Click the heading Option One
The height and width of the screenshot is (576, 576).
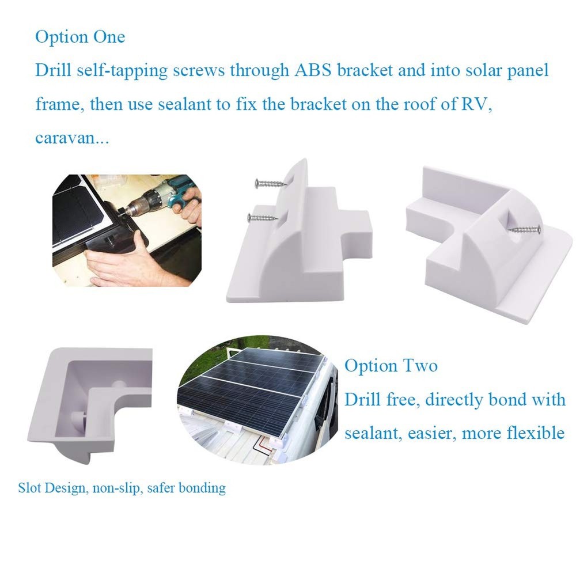(x=79, y=37)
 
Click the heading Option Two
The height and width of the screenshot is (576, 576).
(x=391, y=366)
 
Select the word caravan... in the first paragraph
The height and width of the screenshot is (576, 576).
(x=72, y=140)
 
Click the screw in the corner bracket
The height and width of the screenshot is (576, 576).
(x=525, y=230)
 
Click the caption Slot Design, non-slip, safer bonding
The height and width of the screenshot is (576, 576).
(x=122, y=488)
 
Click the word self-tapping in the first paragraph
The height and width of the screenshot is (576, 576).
(x=130, y=71)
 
